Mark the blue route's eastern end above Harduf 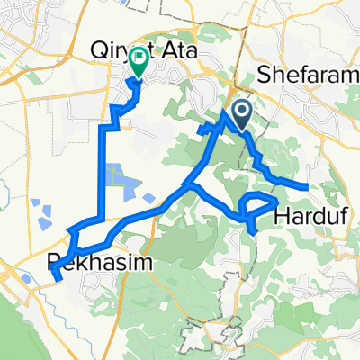pyautogui.click(x=309, y=186)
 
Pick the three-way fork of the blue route pyautogui.click(x=187, y=186)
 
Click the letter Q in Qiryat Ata pyautogui.click(x=101, y=52)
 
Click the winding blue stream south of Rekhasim pyautogui.click(x=72, y=306)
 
